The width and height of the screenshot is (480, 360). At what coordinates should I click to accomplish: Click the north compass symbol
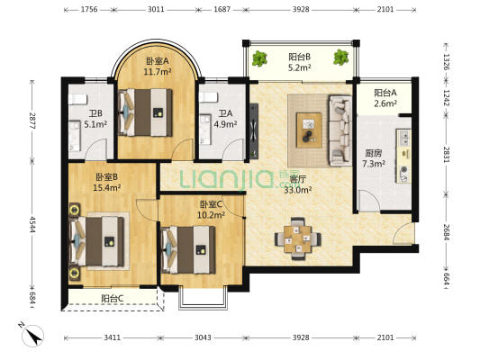pyautogui.click(x=32, y=335)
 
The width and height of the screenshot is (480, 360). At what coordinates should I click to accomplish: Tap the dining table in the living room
pyautogui.click(x=297, y=238)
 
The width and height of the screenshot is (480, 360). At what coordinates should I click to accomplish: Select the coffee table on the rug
pyautogui.click(x=309, y=130)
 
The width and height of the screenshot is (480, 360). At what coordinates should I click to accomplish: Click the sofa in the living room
pyautogui.click(x=340, y=130)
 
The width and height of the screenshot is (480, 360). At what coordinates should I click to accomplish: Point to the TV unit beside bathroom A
pyautogui.click(x=254, y=130)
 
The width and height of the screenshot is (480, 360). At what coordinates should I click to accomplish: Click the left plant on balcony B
pyautogui.click(x=259, y=58)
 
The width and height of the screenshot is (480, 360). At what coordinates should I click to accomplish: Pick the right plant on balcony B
pyautogui.click(x=341, y=58)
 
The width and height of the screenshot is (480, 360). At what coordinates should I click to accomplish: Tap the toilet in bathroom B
pyautogui.click(x=77, y=99)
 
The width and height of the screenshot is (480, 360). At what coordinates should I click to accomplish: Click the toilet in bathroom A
pyautogui.click(x=208, y=97)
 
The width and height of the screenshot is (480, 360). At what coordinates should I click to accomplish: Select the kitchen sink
pyautogui.click(x=403, y=138)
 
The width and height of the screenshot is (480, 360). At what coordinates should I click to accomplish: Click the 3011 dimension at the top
pyautogui.click(x=156, y=10)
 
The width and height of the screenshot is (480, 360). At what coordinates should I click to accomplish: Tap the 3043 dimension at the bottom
pyautogui.click(x=203, y=337)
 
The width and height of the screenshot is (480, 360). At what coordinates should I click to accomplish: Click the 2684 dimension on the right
pyautogui.click(x=446, y=232)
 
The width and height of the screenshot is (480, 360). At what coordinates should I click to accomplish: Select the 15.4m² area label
pyautogui.click(x=107, y=187)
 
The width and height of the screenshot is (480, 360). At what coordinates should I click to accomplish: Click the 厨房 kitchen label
pyautogui.click(x=374, y=153)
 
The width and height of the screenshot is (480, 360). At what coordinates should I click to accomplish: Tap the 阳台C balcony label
pyautogui.click(x=113, y=298)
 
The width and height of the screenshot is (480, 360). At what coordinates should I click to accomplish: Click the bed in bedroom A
pyautogui.click(x=145, y=112)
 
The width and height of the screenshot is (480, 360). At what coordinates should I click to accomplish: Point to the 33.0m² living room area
pyautogui.click(x=298, y=190)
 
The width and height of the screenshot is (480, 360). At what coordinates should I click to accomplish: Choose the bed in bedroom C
pyautogui.click(x=188, y=249)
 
